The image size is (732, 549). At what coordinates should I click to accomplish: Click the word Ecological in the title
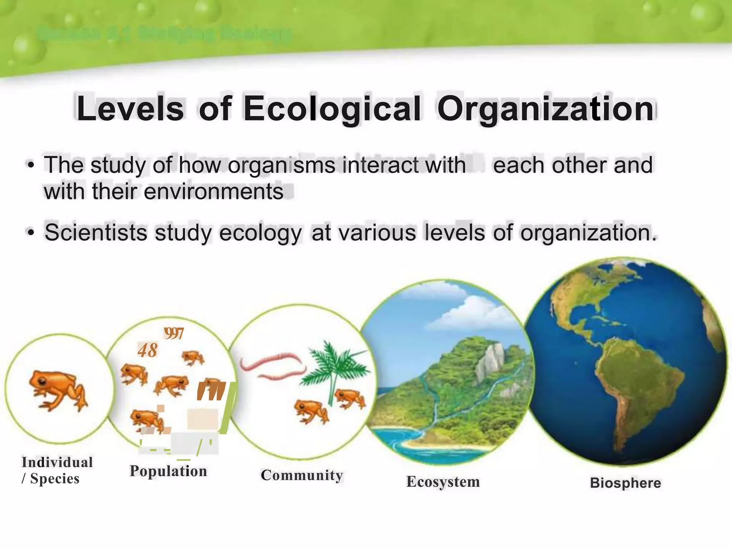tap(332, 109)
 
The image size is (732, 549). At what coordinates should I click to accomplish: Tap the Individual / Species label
tap(57, 470)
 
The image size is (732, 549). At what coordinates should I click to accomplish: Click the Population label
tap(168, 471)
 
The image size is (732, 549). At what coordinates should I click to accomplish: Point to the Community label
tap(302, 475)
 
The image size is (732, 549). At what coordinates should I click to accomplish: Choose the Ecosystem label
tap(443, 482)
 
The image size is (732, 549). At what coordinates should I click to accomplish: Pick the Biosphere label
tap(625, 483)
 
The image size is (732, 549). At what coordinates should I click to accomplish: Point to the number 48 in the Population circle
tap(148, 350)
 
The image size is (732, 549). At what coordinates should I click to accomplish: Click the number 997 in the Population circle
tap(174, 334)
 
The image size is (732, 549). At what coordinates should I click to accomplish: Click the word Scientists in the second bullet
tap(96, 233)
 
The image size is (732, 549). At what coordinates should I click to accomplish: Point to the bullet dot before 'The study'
tap(31, 165)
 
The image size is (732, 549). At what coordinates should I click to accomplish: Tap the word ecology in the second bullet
tap(261, 233)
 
